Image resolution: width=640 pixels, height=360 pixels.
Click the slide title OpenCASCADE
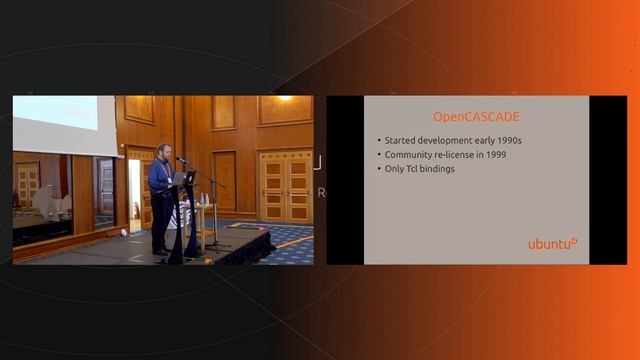click(475, 116)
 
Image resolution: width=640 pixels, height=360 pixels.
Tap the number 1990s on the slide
click(503, 141)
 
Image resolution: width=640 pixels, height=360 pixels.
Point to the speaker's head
click(163, 150)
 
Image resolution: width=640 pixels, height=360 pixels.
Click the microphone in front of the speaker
click(181, 160)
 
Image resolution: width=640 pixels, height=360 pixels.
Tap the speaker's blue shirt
click(160, 176)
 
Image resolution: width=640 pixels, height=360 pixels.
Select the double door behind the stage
click(285, 187)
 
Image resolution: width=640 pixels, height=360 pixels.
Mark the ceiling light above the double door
click(285, 99)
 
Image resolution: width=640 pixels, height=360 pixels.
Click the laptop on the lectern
click(187, 178)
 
